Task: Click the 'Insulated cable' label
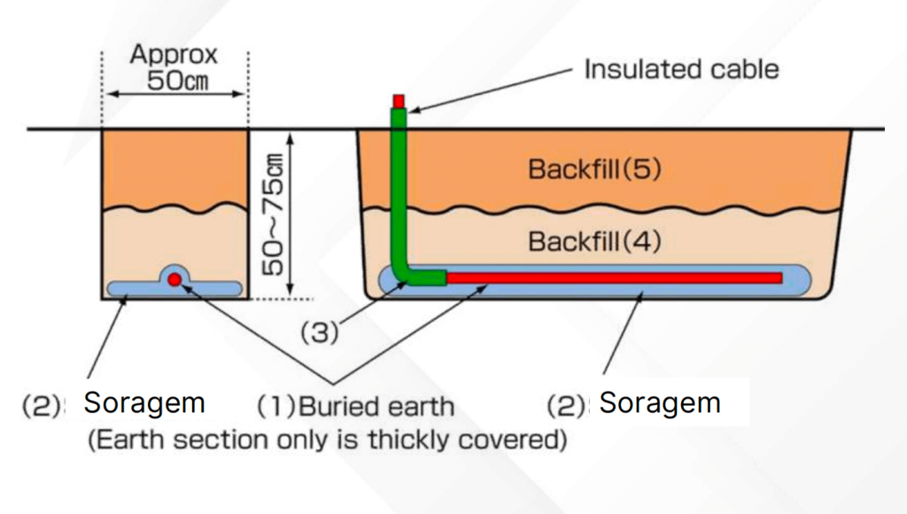click(681, 69)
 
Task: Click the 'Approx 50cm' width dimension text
click(174, 67)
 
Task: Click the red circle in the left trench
click(174, 279)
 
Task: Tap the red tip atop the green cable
click(399, 100)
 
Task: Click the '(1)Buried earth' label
click(355, 407)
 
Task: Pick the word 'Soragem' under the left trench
click(144, 403)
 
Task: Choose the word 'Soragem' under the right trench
click(659, 403)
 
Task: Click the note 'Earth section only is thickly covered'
click(327, 440)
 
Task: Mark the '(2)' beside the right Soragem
click(566, 406)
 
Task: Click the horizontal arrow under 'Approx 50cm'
click(174, 94)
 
